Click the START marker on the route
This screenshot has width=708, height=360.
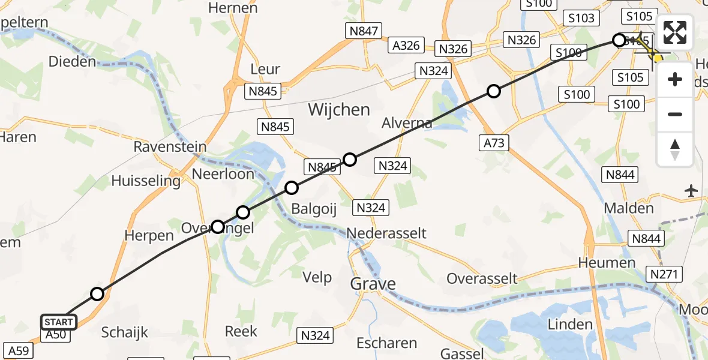[59, 322]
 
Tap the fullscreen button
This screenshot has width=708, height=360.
[675, 32]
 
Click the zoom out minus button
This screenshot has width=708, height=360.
[675, 114]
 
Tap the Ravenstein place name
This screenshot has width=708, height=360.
[170, 146]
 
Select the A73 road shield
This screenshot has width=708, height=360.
[494, 142]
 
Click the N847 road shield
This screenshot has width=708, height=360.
[364, 31]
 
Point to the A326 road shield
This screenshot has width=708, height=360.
[406, 45]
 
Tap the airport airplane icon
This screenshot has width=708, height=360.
[691, 191]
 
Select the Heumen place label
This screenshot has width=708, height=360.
[607, 263]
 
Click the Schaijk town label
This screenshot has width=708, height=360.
[125, 332]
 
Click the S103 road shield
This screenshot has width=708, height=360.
[581, 18]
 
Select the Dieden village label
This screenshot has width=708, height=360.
[72, 61]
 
